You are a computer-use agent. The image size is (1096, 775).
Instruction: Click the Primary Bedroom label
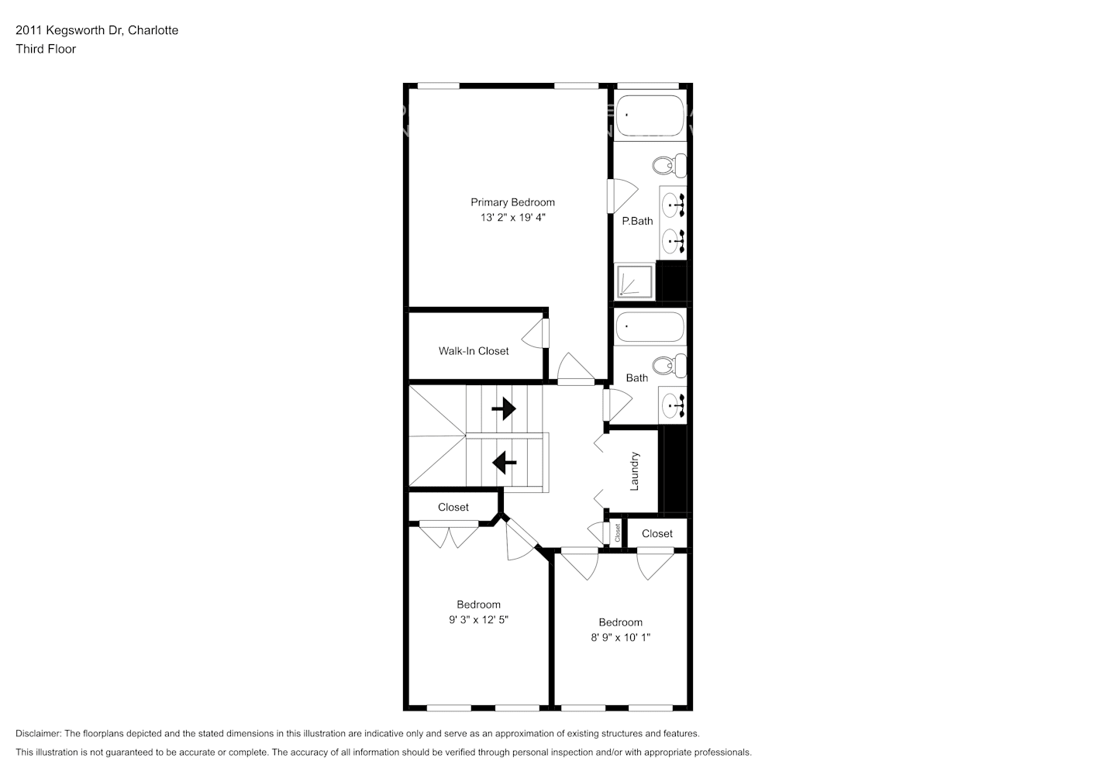[512, 202]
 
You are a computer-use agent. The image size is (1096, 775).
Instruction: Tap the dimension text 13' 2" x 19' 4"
[512, 218]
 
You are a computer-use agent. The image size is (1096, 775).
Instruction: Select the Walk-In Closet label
[474, 351]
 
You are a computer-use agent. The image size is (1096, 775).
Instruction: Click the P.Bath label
[637, 221]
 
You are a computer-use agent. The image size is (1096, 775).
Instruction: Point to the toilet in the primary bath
[669, 165]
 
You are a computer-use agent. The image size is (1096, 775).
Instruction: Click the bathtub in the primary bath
[650, 115]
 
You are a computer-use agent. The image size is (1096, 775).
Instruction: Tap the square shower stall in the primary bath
[634, 282]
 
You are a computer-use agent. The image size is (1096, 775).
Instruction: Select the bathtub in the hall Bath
[650, 327]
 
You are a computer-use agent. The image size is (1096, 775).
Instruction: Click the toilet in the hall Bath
[669, 365]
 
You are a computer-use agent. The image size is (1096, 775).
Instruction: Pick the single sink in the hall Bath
[673, 404]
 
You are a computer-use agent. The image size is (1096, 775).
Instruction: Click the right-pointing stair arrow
[504, 408]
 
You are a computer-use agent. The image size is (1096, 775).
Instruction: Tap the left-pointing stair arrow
[504, 463]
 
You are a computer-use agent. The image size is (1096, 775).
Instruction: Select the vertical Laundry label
[634, 471]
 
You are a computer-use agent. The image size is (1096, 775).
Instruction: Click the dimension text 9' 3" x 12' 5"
[478, 620]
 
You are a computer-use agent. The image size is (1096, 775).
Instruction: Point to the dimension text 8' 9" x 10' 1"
[620, 638]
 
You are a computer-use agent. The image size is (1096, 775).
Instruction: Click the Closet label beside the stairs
[453, 508]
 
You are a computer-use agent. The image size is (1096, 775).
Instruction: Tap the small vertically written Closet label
[618, 533]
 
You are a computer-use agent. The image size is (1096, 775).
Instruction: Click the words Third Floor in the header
[46, 49]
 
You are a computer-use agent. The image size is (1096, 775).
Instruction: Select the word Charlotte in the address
[153, 30]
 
